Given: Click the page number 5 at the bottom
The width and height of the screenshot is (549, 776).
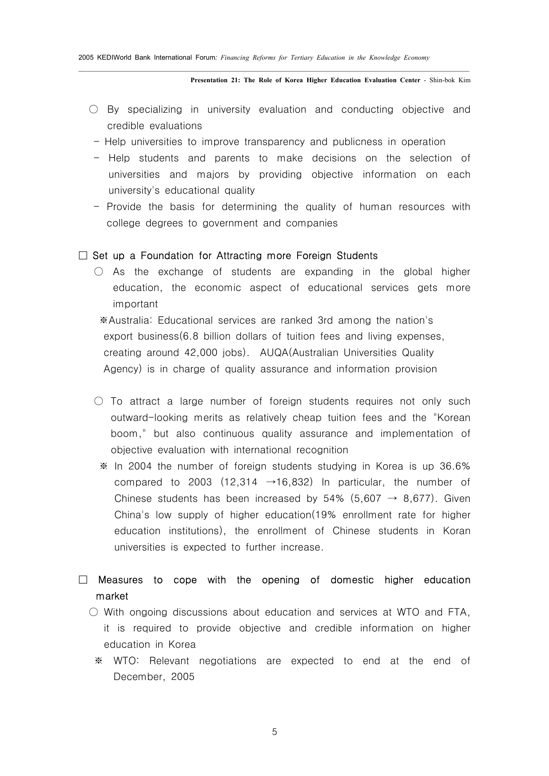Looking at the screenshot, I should (x=274, y=732).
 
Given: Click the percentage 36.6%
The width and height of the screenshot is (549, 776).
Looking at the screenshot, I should (x=455, y=466).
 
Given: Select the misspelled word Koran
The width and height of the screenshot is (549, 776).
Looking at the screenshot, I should (x=456, y=531).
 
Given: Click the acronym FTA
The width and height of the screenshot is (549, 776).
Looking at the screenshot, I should (x=459, y=612).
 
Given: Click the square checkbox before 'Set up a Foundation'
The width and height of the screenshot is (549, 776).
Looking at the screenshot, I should (x=83, y=256).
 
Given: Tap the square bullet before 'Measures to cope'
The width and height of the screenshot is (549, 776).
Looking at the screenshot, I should (x=83, y=580).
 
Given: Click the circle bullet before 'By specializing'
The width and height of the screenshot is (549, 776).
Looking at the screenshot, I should (x=93, y=110).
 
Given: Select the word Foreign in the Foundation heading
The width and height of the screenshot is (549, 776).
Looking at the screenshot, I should (x=314, y=256).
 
